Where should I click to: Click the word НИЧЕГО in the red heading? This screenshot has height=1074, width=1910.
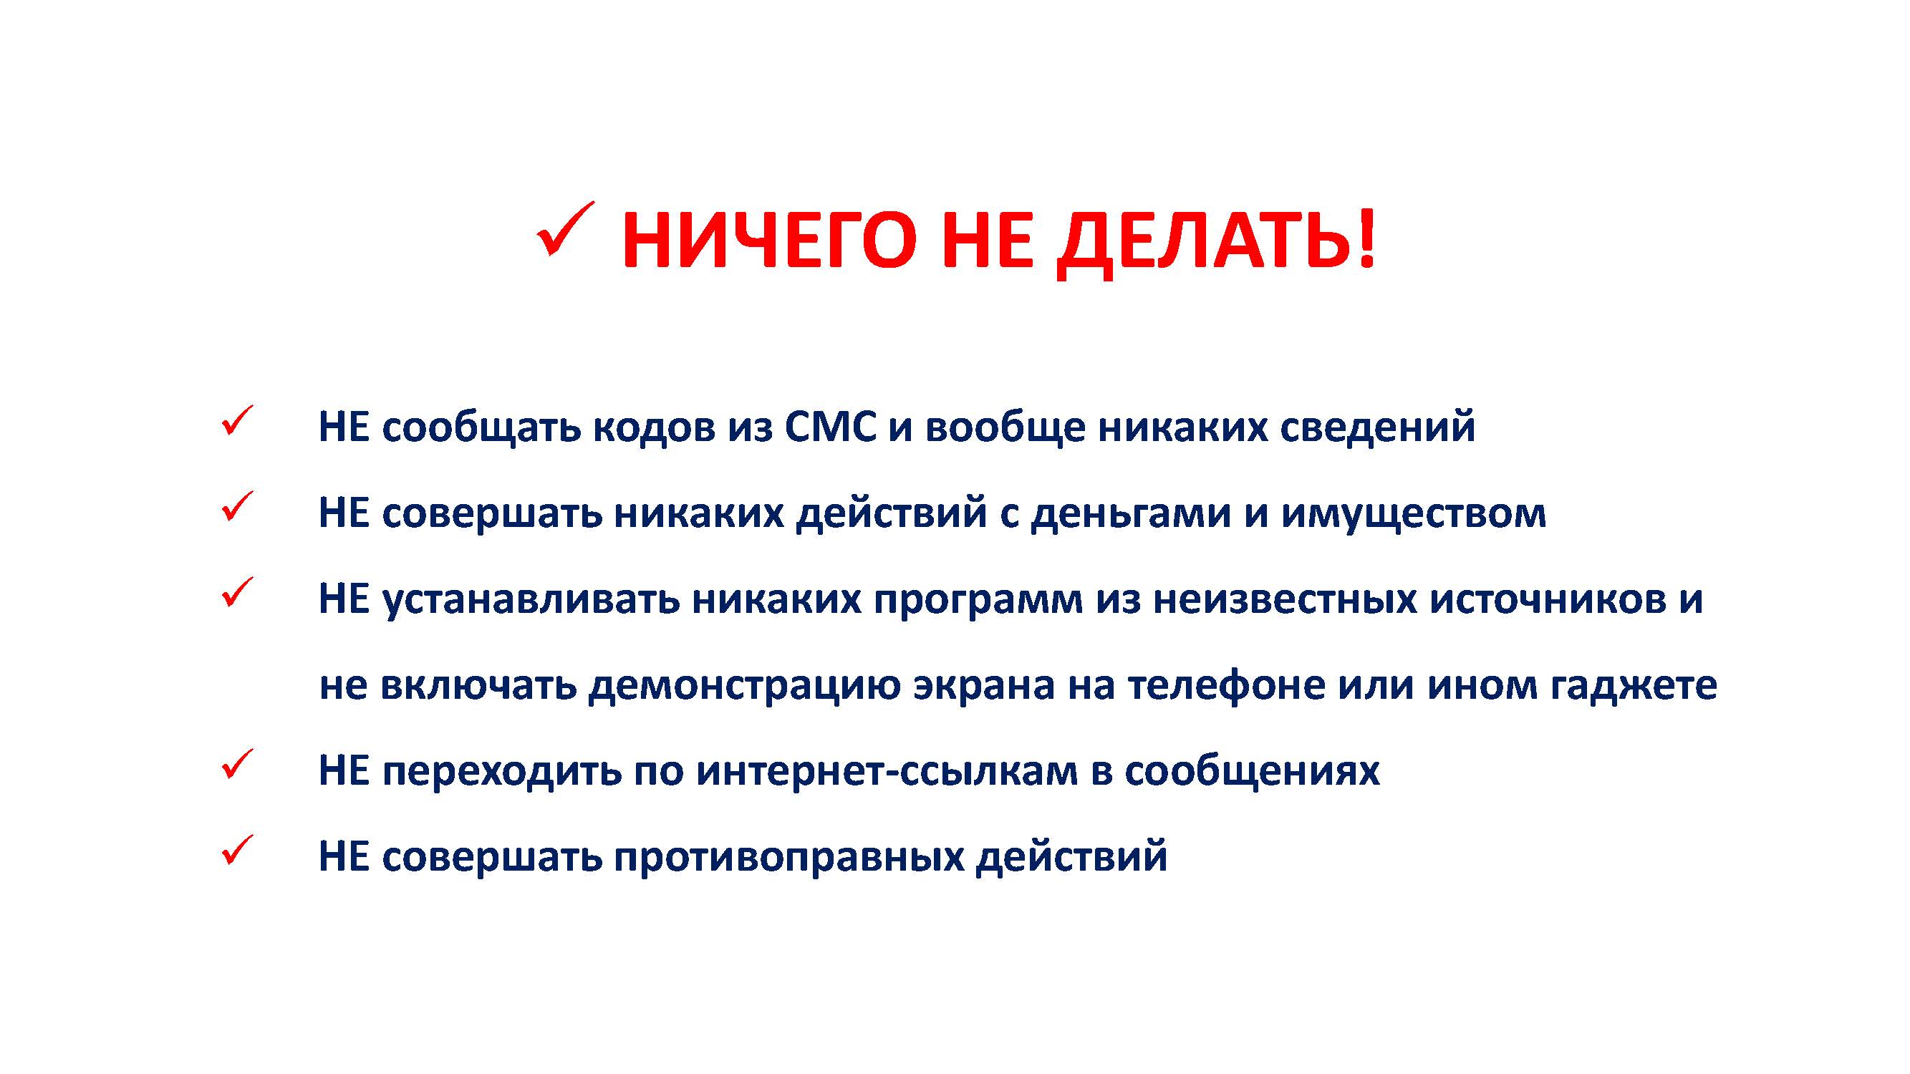(x=769, y=240)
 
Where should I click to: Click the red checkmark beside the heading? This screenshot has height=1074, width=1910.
(x=565, y=229)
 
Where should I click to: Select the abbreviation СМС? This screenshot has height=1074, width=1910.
(x=830, y=427)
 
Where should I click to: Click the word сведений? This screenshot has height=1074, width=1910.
(x=1378, y=427)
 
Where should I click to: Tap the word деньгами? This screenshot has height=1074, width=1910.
(x=1132, y=513)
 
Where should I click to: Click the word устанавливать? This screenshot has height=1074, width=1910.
(x=531, y=599)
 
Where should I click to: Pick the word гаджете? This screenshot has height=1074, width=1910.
(x=1634, y=686)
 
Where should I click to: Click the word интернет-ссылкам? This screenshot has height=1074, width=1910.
(x=887, y=772)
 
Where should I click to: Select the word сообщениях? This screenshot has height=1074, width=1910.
(x=1253, y=772)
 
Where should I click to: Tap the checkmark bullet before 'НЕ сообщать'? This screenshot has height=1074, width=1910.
(x=237, y=420)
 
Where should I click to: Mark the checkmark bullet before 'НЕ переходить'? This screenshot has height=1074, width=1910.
(x=237, y=764)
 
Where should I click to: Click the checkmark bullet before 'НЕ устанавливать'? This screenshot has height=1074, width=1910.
(x=237, y=592)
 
